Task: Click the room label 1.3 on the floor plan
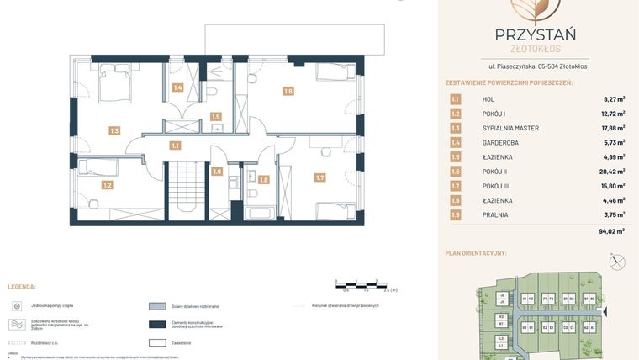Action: (114, 130)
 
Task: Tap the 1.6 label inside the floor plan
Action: (288, 92)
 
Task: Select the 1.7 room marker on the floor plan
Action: (319, 177)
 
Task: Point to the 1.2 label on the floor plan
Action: (108, 184)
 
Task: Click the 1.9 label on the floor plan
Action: (217, 172)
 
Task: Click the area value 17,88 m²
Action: (610, 129)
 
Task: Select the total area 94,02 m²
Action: (610, 231)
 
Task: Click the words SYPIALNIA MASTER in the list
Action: (510, 129)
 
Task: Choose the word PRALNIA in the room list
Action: (495, 214)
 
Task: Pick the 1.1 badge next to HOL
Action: (455, 99)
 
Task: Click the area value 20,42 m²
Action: (610, 172)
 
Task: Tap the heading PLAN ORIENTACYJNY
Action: (488, 253)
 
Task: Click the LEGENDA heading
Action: (22, 287)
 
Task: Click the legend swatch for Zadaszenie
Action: (157, 342)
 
